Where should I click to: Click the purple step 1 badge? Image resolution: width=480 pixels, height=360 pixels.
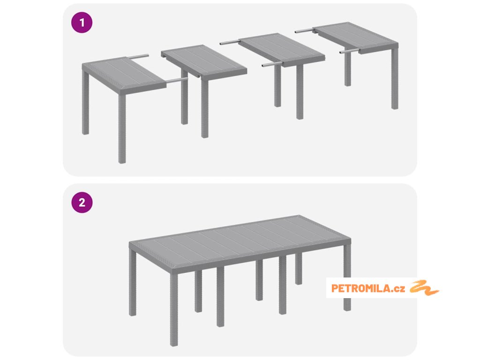(x=82, y=22)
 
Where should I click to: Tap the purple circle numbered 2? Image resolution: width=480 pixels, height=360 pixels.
(x=82, y=202)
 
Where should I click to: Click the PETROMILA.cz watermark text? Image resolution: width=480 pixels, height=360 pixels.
(x=368, y=288)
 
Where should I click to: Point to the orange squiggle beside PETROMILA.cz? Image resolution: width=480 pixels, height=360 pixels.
(x=424, y=288)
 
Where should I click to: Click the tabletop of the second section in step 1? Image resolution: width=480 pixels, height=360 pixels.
(x=204, y=61)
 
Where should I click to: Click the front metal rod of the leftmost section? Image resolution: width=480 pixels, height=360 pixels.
(x=177, y=80)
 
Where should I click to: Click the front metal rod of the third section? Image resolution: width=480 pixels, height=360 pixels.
(x=272, y=64)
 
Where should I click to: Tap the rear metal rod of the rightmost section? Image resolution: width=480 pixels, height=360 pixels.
(x=304, y=30)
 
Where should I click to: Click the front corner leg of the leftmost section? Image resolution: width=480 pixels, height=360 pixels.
(x=122, y=128)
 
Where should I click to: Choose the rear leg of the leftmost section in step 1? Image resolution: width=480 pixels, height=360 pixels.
(x=85, y=103)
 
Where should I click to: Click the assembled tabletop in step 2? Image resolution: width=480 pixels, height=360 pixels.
(x=240, y=240)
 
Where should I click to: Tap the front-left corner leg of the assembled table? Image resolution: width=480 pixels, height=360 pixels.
(x=174, y=310)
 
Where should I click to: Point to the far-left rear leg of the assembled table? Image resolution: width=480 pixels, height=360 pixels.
(x=133, y=282)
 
